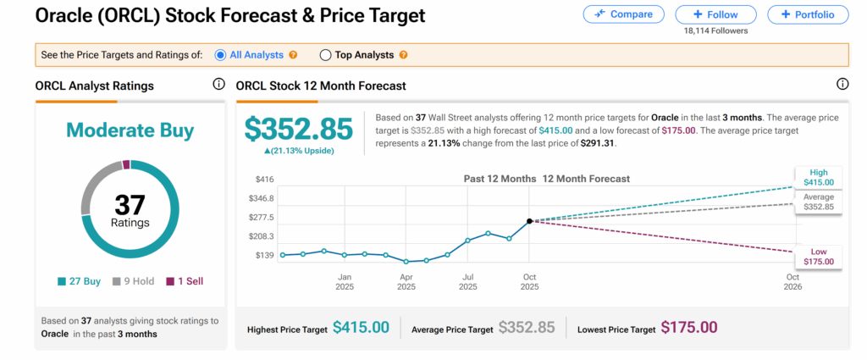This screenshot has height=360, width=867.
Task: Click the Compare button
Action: [624, 14]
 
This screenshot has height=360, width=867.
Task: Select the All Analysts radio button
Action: [221, 55]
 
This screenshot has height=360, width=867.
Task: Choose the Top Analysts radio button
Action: [325, 55]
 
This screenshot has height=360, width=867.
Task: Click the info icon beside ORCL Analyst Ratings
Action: [218, 85]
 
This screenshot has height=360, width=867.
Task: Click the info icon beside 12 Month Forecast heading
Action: [842, 85]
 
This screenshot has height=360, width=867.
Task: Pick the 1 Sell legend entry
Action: [184, 281]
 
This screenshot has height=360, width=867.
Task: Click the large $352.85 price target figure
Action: [299, 129]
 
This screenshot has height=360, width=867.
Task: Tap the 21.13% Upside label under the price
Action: [299, 151]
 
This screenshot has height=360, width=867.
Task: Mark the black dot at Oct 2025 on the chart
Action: [530, 221]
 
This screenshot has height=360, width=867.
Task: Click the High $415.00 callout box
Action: [818, 177]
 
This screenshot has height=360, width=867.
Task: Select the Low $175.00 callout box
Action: [818, 257]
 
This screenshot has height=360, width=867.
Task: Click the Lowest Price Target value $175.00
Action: [689, 328]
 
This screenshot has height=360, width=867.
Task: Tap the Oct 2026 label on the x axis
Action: [793, 282]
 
